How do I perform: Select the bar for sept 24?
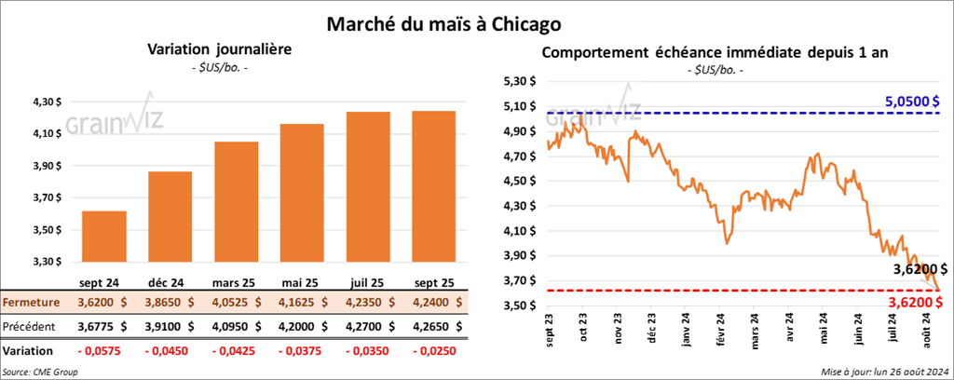tap(104, 237)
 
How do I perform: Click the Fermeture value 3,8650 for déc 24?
tap(170, 302)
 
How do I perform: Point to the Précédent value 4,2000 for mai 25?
tap(301, 327)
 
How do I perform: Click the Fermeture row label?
tap(32, 302)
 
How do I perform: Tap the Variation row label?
tap(28, 351)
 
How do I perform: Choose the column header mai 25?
tap(301, 280)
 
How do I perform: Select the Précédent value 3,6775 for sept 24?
tap(104, 327)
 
